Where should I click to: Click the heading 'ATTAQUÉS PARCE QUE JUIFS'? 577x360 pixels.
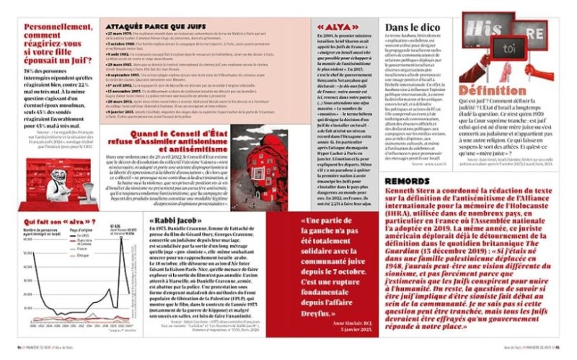pyautogui.click(x=149, y=25)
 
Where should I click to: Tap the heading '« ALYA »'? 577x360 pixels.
pyautogui.click(x=332, y=28)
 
